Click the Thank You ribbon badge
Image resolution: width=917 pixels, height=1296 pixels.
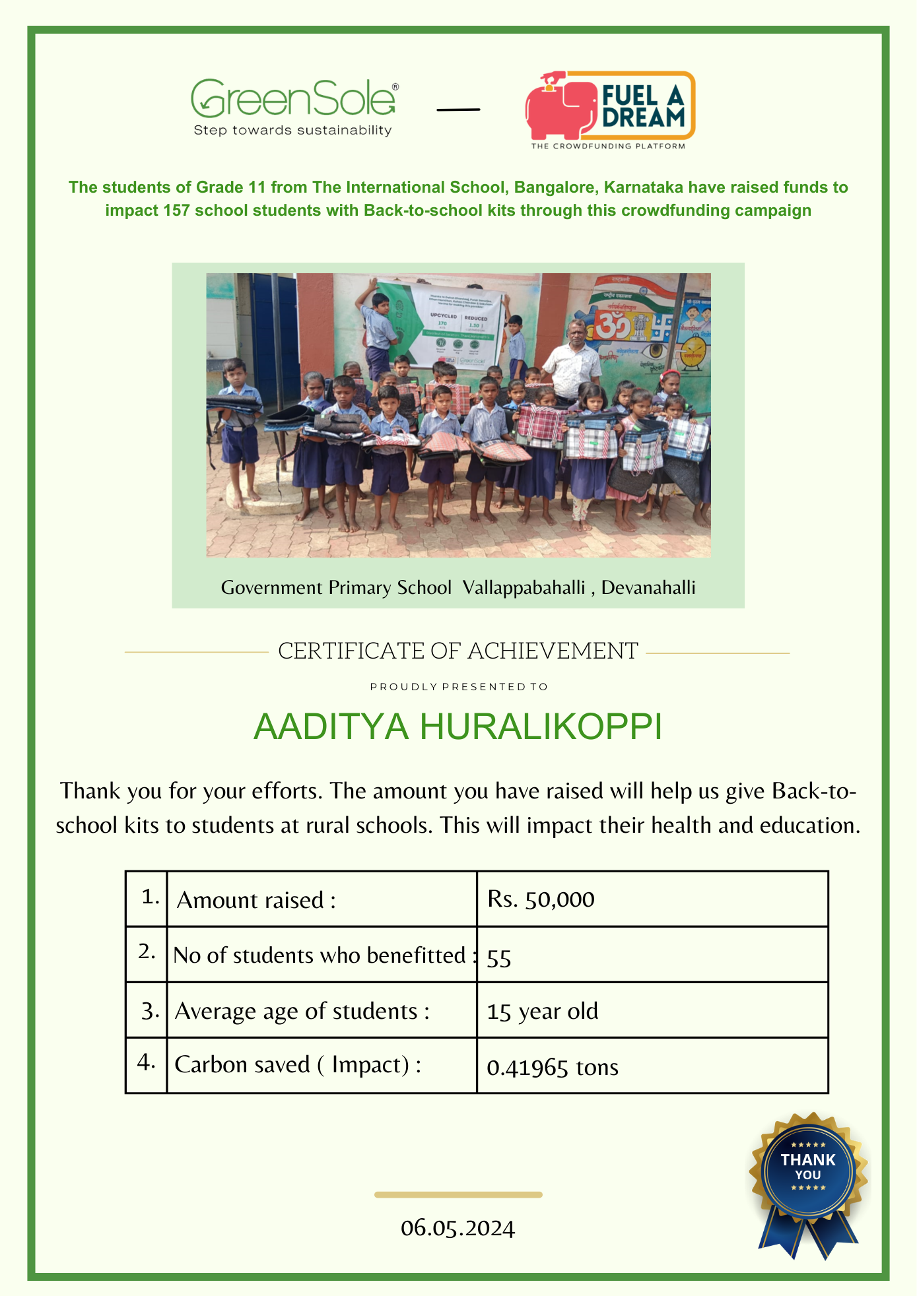(808, 1181)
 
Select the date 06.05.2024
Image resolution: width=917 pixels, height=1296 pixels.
(458, 1228)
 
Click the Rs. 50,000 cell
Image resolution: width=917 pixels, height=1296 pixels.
(541, 899)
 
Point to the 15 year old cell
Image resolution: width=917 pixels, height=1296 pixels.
(542, 1012)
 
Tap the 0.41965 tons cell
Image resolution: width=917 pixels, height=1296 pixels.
(552, 1067)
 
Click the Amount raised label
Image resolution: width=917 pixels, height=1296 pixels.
(256, 900)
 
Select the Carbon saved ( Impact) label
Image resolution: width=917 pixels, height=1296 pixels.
(298, 1065)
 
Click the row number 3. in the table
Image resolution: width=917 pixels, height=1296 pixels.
(150, 1011)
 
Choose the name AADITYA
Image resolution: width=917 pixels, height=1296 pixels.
(331, 727)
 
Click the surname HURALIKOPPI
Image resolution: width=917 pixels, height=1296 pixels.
(541, 727)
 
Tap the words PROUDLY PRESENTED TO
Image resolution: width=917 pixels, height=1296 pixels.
(459, 687)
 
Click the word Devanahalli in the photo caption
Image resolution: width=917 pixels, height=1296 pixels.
(648, 587)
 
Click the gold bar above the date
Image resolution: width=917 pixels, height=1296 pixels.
(458, 1194)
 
